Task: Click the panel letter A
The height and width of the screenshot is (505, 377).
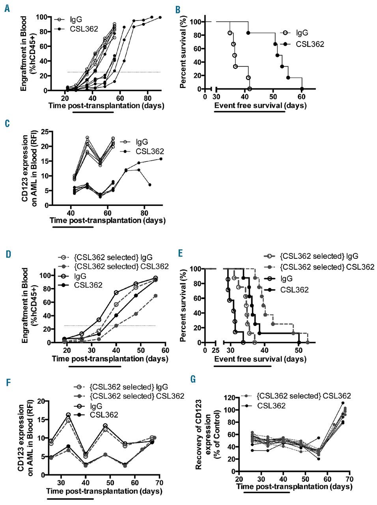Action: point(7,8)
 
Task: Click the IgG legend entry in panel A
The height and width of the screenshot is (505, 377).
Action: point(76,19)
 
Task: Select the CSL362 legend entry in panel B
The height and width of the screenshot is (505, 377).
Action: point(310,44)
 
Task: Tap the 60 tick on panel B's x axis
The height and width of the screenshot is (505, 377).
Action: point(302,97)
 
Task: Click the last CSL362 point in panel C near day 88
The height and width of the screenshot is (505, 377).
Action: point(161,159)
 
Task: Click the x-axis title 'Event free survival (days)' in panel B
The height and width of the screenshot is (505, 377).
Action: point(260,105)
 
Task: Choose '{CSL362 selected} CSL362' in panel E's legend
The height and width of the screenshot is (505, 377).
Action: point(327,267)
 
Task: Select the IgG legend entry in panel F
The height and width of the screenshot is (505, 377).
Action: point(96,406)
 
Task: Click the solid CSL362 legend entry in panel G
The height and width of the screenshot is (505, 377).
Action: point(271,405)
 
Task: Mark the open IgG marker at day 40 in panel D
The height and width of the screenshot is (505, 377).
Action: point(116,292)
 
